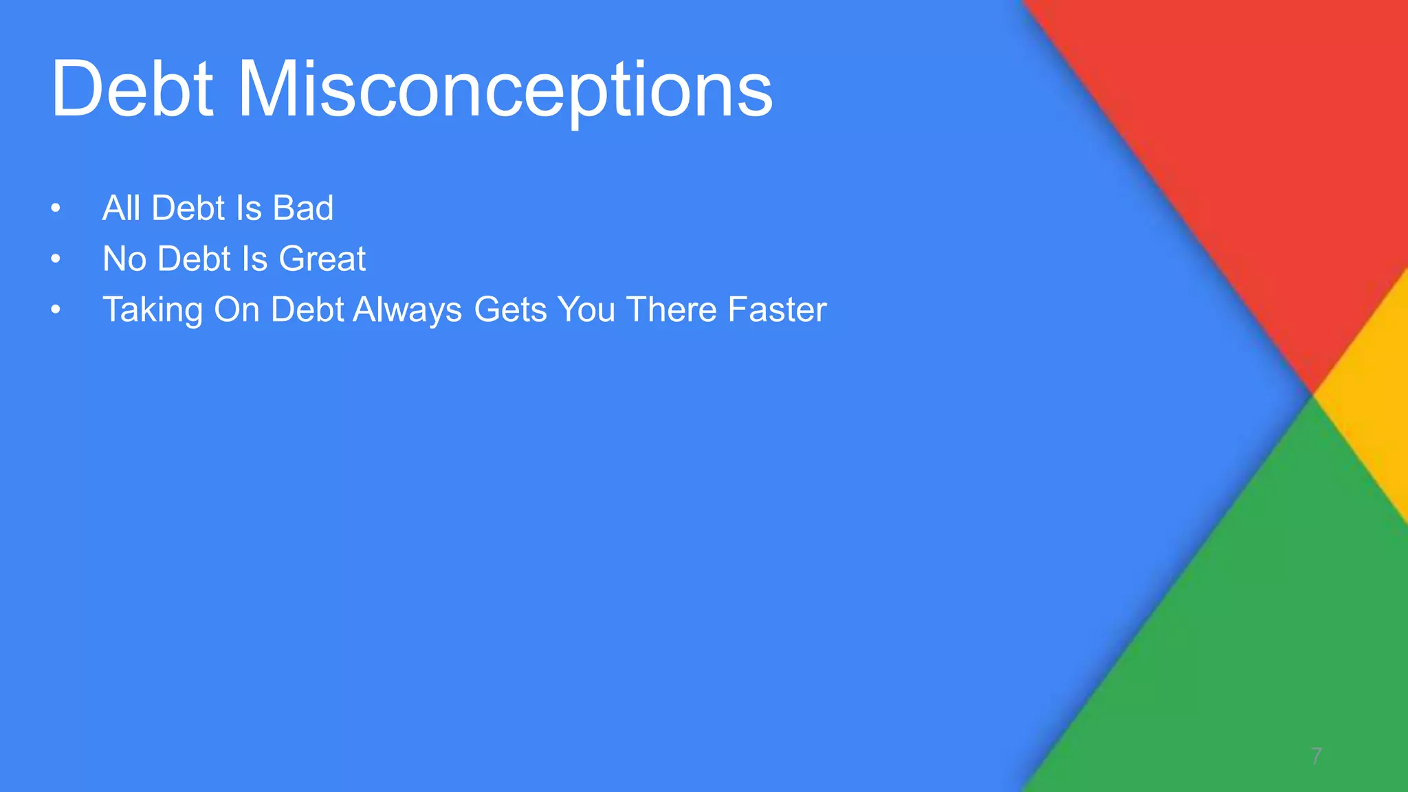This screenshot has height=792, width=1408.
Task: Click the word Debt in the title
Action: click(132, 89)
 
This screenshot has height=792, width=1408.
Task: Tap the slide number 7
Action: click(1316, 756)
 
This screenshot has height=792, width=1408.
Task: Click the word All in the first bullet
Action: click(121, 208)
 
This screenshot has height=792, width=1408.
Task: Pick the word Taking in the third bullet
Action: click(153, 310)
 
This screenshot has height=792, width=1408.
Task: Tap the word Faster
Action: click(777, 309)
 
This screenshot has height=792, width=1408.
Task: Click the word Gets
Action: click(510, 309)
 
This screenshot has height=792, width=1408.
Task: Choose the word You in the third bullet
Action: click(586, 309)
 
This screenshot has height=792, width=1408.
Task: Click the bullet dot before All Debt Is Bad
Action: click(56, 208)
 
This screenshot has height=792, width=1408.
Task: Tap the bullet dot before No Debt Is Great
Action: click(56, 259)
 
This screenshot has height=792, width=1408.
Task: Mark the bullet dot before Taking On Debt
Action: click(56, 310)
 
